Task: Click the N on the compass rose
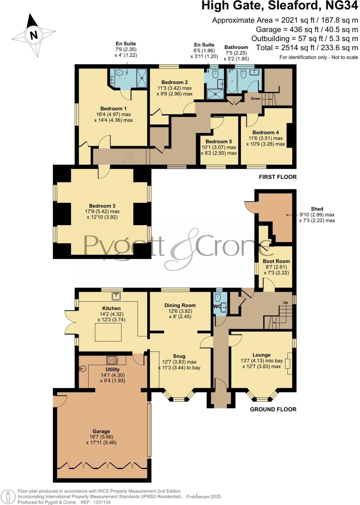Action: coord(34,35)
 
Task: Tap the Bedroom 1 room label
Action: coord(113,108)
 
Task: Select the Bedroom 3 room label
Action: coord(102,206)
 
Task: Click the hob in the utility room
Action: coord(112,360)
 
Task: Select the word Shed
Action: coord(317,209)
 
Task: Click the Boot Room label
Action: coord(276,261)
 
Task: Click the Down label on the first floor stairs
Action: coord(256,98)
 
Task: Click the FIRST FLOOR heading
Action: coord(278,177)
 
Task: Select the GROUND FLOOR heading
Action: coord(273,409)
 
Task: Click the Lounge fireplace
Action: coord(289,363)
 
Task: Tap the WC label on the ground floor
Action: coord(217,307)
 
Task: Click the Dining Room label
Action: coord(180,305)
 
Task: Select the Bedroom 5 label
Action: coord(219,141)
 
